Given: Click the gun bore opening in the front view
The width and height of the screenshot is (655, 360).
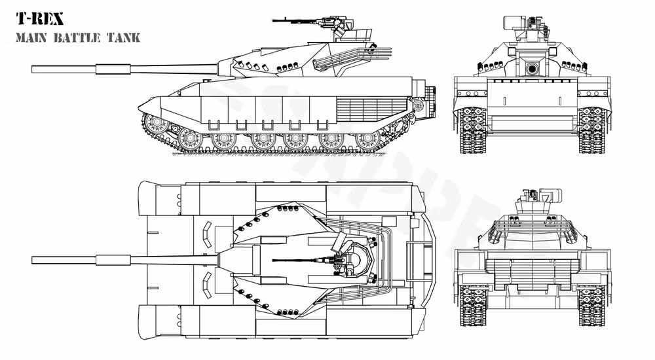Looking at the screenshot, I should click(x=533, y=68).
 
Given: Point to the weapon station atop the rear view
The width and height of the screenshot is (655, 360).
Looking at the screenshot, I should click(x=534, y=196).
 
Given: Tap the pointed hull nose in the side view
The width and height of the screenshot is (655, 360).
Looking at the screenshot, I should click(x=141, y=108).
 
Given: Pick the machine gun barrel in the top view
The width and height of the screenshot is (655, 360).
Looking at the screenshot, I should click(x=295, y=260).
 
